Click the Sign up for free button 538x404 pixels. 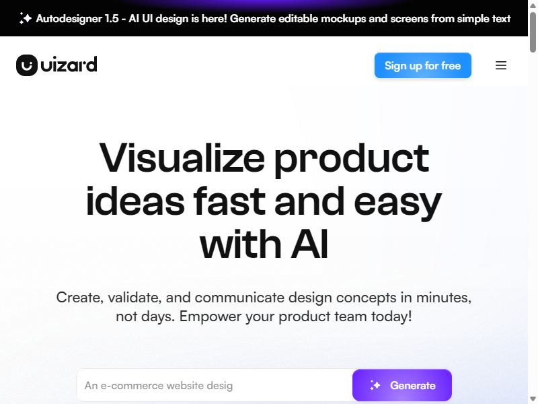[423, 65]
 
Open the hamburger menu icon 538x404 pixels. [501, 65]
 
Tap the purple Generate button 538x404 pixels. [402, 385]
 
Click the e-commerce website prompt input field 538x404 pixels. [215, 385]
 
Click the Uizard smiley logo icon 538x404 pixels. [27, 65]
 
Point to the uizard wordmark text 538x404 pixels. [69, 64]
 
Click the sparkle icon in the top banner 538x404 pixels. [26, 18]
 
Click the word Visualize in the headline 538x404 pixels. [182, 158]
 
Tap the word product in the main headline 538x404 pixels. [352, 160]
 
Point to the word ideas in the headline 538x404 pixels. [135, 201]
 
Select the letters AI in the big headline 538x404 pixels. [310, 244]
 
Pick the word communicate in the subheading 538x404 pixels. [239, 298]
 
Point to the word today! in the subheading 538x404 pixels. [391, 316]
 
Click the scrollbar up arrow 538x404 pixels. [533, 5]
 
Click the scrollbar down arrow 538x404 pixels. [533, 399]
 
